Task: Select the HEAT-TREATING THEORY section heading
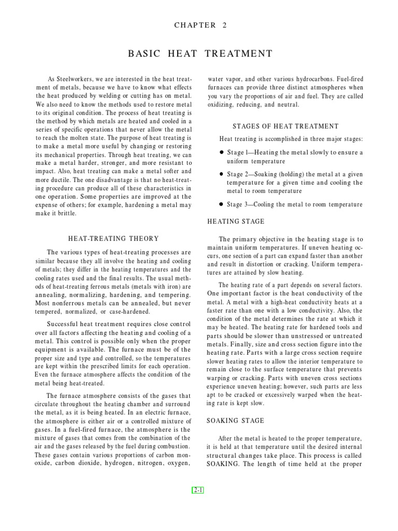(x=113, y=239)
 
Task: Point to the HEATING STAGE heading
(x=236, y=221)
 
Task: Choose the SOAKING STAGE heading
(x=236, y=421)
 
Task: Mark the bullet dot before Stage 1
(x=222, y=152)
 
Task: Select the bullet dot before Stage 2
(x=222, y=174)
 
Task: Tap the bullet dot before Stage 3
(x=222, y=204)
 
